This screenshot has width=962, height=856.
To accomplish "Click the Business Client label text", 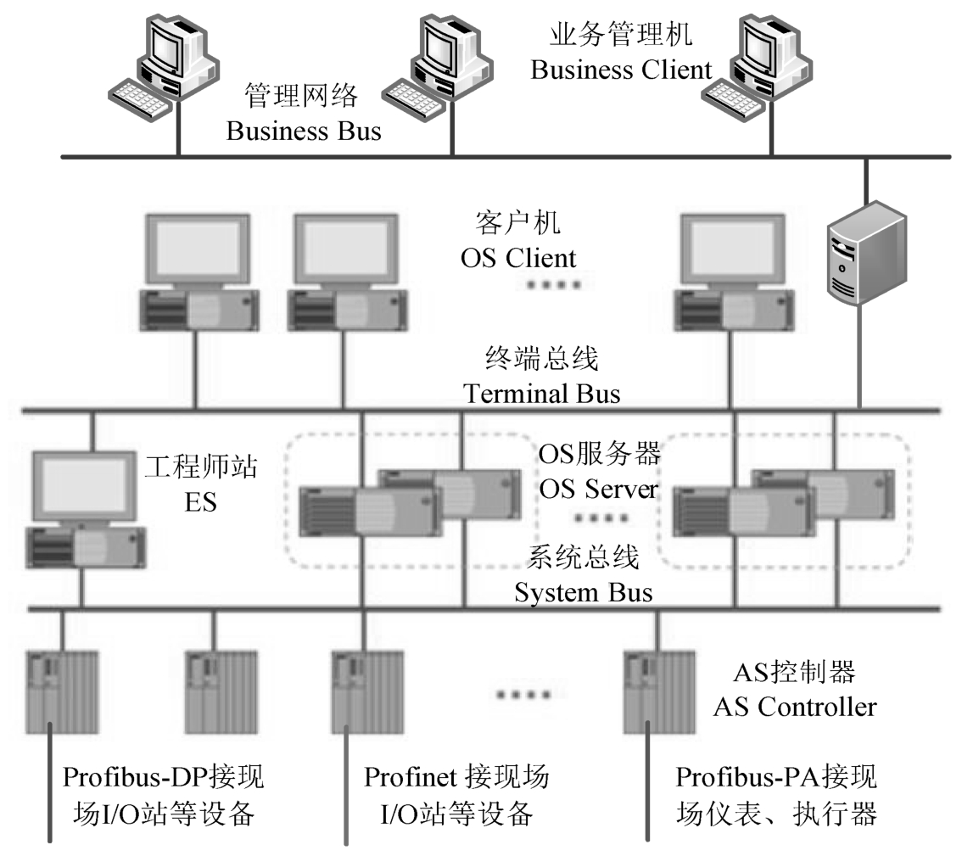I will point(621,70).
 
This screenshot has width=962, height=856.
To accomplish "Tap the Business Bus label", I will point(304,131).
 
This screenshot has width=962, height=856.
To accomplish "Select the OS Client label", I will point(518,257).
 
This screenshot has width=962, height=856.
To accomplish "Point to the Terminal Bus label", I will point(541,394).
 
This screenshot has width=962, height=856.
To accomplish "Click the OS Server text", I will point(599,489).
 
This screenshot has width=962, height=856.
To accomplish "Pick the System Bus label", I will point(584,591).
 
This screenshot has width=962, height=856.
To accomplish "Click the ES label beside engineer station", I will point(201,502).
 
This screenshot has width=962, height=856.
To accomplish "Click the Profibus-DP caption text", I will point(164,777).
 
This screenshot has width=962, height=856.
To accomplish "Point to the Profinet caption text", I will point(456,777).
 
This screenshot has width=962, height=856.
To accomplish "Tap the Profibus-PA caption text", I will point(776,777).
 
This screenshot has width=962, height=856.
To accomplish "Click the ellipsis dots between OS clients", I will point(554,285).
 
